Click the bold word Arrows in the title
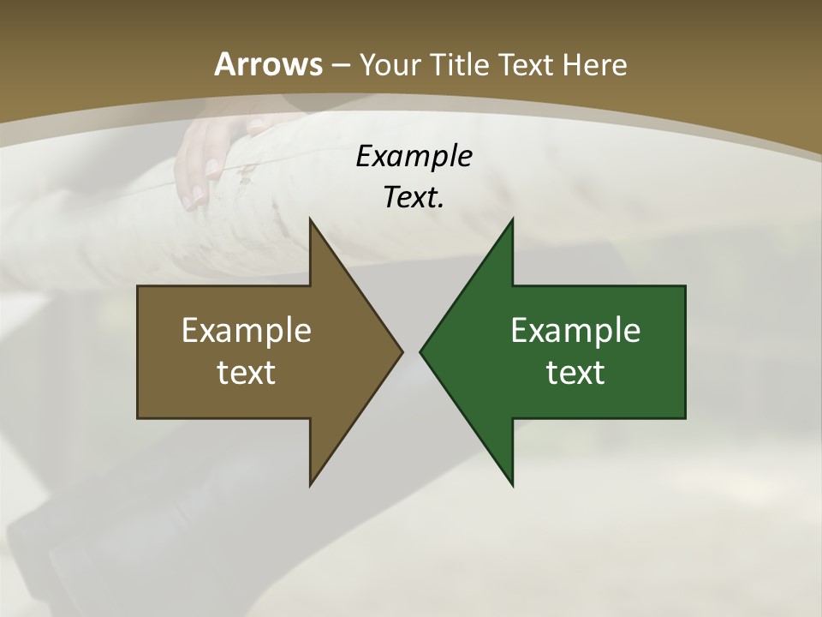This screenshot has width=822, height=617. [268, 64]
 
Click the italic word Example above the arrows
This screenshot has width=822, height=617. [414, 157]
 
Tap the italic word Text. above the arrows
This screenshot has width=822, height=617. [414, 198]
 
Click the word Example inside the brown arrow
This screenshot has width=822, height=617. [247, 331]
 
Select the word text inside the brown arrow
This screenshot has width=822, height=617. [247, 373]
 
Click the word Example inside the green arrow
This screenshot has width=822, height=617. [575, 331]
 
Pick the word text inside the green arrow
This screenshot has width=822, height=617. [575, 373]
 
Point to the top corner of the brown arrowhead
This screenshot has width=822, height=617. [311, 220]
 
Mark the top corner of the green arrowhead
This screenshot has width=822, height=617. [512, 220]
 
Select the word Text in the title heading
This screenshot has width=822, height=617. [527, 65]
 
